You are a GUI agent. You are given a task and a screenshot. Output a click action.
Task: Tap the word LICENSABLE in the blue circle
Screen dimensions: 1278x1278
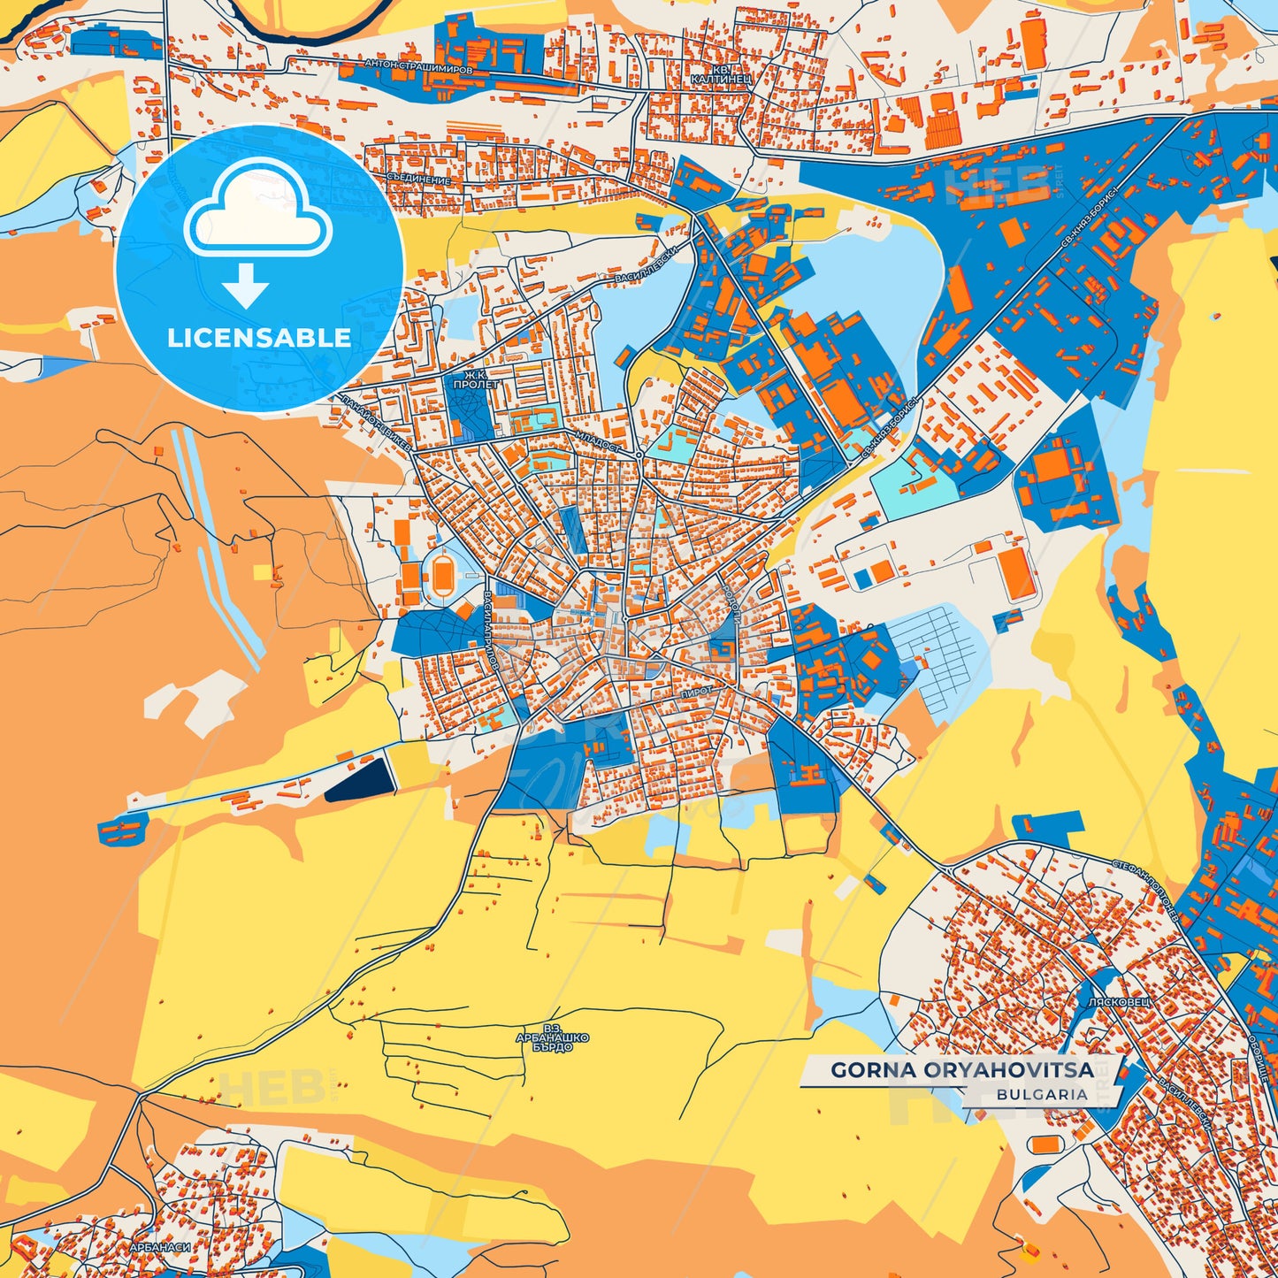coord(259,338)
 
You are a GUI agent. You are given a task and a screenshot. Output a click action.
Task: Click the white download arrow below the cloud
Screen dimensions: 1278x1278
coord(246,285)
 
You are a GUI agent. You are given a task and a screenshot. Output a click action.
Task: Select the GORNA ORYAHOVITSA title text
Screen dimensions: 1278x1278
coord(961,1070)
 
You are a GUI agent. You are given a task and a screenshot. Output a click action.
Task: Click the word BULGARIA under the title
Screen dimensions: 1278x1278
coord(1041,1094)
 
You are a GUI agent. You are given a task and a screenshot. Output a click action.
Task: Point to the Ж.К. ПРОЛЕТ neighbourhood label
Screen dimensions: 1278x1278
coord(475,381)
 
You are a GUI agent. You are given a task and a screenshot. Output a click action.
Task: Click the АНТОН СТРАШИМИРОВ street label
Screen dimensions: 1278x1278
coord(418,66)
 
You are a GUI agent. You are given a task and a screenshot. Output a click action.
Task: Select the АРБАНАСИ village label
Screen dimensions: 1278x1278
coord(159,1247)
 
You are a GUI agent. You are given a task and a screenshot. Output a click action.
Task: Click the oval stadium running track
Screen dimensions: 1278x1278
coord(442,578)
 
